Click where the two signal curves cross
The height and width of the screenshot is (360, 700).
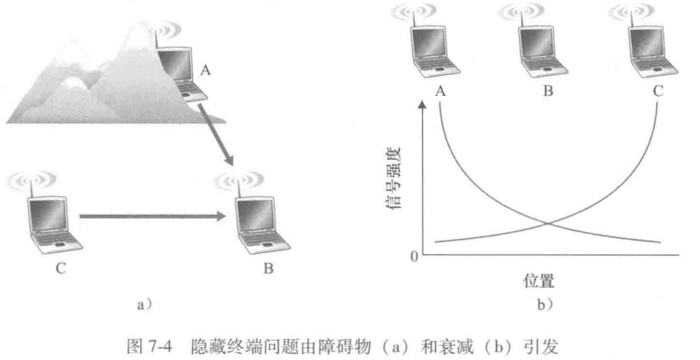tap(548, 223)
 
